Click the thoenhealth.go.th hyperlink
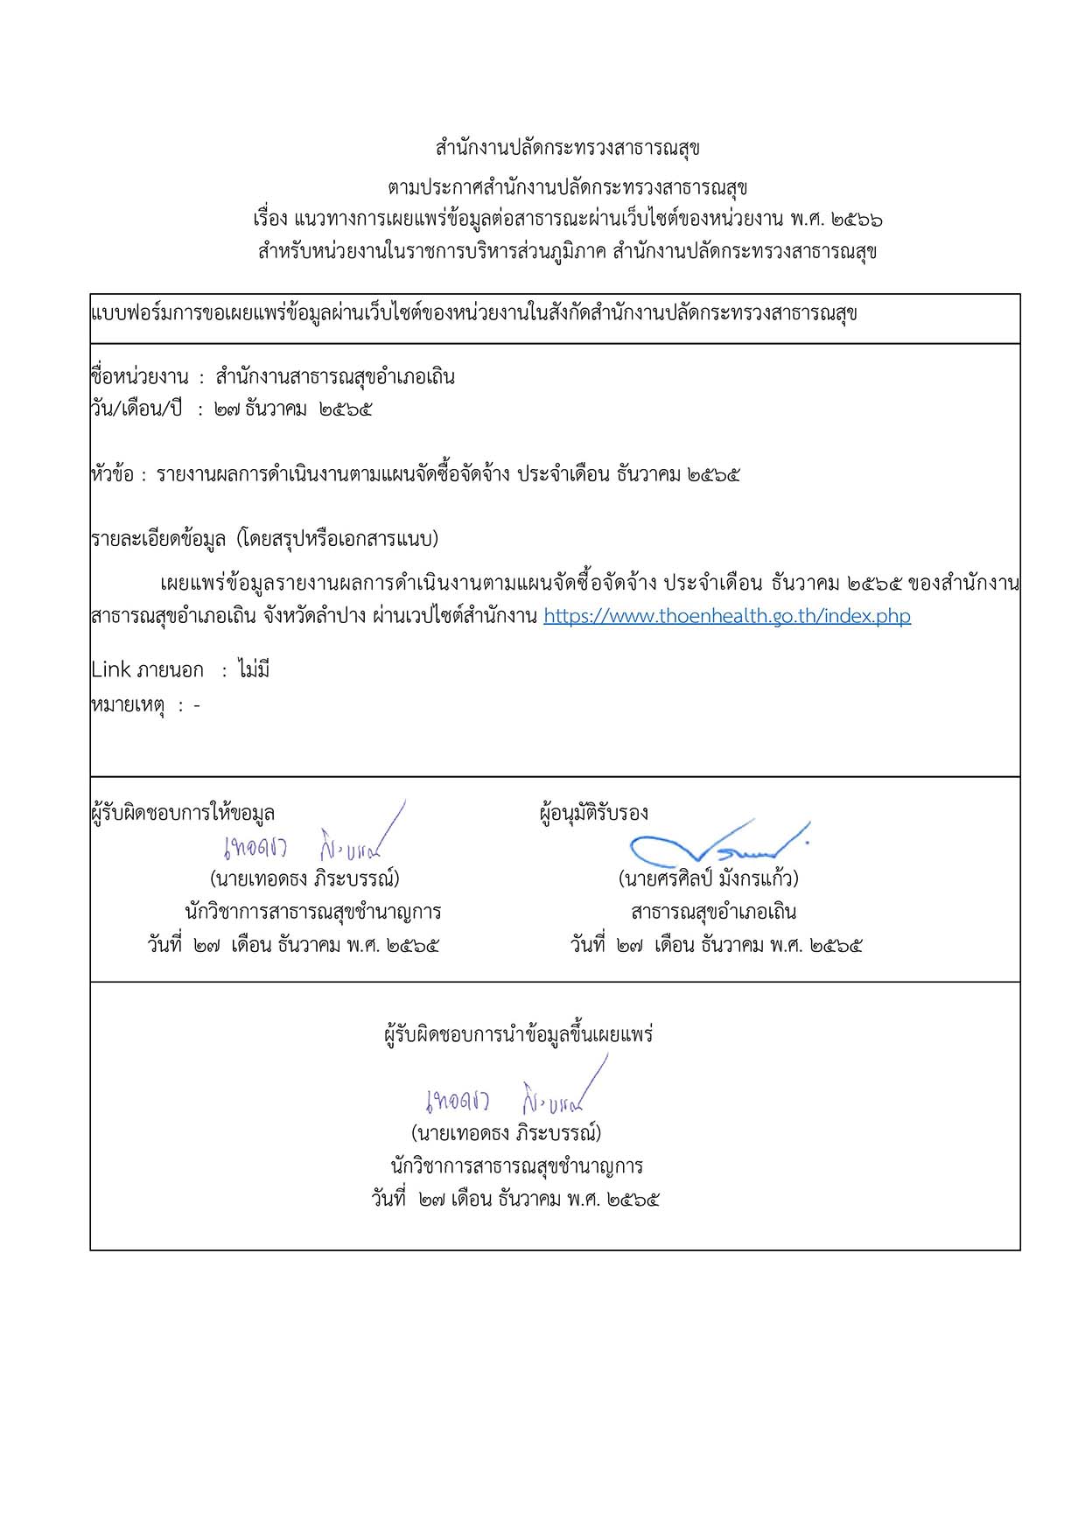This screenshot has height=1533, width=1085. pos(726,616)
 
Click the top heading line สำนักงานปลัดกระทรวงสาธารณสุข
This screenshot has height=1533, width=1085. pos(567,148)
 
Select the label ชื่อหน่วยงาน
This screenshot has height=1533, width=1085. pos(140,377)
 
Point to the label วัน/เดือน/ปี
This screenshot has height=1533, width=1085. pos(136,409)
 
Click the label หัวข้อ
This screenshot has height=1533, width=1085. pos(112,475)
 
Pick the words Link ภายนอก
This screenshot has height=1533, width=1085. pos(147,670)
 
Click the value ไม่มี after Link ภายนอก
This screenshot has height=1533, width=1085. pos(253,670)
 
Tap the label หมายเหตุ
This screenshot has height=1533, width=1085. pos(129,705)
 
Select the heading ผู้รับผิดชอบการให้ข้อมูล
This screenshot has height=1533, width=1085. pos(183,813)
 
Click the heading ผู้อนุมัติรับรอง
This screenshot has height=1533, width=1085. pos(594,813)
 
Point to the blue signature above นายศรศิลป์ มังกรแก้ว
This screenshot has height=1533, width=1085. pos(717,843)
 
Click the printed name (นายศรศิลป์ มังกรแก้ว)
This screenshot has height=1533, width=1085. pos(708,878)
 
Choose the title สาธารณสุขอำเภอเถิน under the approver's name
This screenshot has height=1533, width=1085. pos(713,912)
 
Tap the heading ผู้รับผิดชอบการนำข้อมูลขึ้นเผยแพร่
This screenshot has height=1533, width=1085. pos(518,1035)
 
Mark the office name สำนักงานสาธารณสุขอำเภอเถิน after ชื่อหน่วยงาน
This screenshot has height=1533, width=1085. pos(335,377)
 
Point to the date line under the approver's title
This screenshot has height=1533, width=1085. pos(717,946)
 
